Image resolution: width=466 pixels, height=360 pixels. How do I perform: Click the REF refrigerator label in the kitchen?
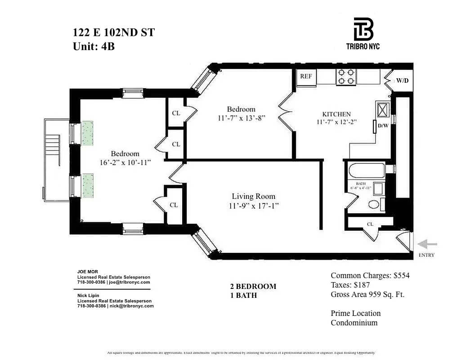[x=306, y=76]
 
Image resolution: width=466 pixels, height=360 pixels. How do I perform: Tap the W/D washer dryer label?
[x=402, y=81]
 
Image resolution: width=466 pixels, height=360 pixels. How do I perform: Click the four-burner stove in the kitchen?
[x=346, y=76]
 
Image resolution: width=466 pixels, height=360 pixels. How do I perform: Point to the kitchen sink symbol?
[x=384, y=109]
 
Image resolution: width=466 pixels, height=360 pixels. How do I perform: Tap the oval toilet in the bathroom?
[x=373, y=205]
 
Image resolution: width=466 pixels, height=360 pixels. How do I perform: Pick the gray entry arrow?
[x=427, y=244]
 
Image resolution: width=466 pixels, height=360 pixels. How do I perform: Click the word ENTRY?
[x=427, y=255]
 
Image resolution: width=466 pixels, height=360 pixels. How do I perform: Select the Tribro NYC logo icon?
[x=363, y=29]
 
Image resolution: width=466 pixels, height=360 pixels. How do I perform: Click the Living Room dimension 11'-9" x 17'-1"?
[x=253, y=206]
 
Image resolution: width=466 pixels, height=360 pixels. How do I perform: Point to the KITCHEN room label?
[x=336, y=114]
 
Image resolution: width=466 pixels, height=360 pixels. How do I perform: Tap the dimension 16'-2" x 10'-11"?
[x=119, y=162]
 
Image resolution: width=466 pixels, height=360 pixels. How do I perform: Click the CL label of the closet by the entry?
[x=370, y=224]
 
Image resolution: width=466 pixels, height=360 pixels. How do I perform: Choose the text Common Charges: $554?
[x=370, y=275]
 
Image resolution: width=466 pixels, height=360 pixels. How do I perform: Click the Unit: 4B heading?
[x=94, y=46]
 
